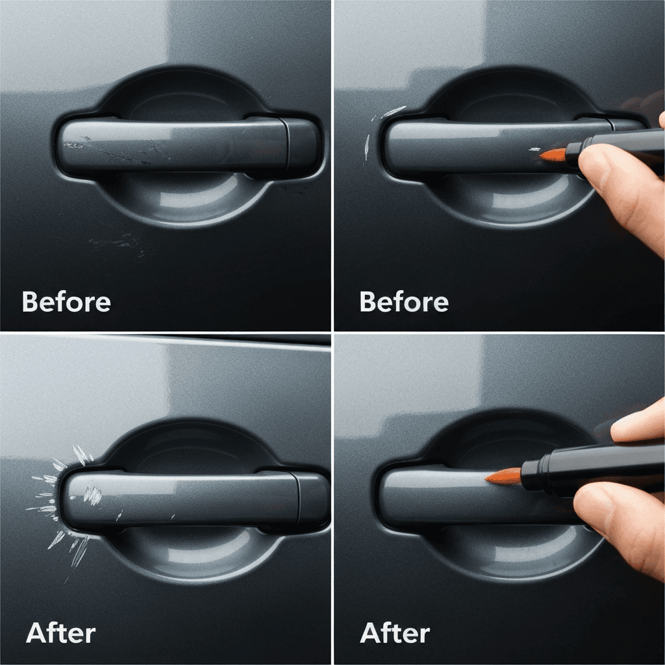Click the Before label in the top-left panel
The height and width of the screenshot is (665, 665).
click(x=66, y=301)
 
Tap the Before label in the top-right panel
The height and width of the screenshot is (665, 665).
click(x=404, y=301)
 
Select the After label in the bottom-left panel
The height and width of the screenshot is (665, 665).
click(x=60, y=633)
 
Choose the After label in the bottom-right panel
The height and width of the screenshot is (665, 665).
click(x=395, y=633)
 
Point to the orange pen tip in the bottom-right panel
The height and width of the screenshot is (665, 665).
click(x=503, y=476)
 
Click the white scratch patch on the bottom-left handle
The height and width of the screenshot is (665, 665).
click(x=92, y=495)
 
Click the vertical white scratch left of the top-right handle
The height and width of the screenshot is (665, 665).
click(x=367, y=147)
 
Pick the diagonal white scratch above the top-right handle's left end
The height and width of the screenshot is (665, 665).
click(x=394, y=111)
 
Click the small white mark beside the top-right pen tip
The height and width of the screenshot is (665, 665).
click(x=534, y=149)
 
